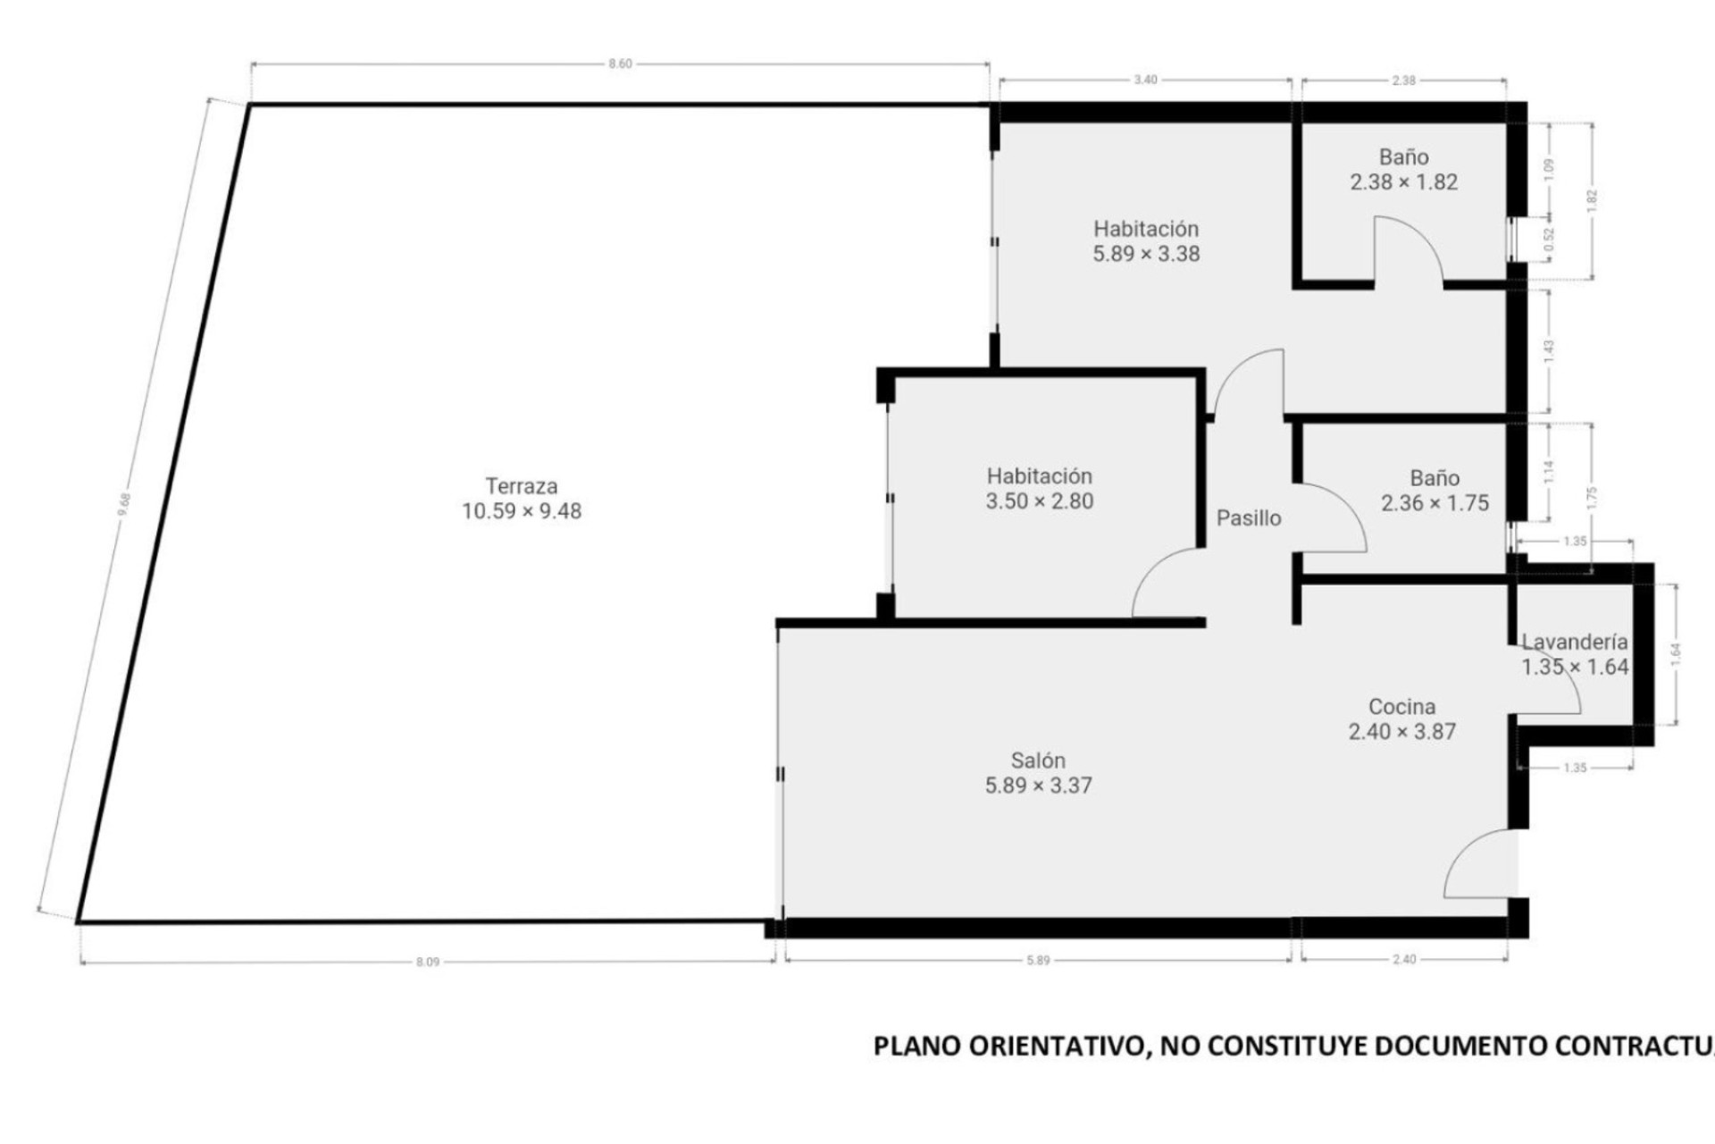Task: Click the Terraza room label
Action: click(522, 486)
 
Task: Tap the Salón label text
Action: click(1038, 761)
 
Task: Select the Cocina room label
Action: click(1401, 707)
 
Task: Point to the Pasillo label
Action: click(1249, 518)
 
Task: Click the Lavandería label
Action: click(1575, 642)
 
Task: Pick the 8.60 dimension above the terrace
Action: click(620, 64)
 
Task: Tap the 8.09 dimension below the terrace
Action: click(428, 963)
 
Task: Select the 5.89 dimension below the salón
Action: click(1038, 961)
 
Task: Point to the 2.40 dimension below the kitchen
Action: click(1404, 960)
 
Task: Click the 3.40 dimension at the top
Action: click(1145, 80)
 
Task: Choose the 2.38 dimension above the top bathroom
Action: click(1403, 80)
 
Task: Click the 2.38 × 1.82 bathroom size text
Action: click(1403, 182)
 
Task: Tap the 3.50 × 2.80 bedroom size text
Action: click(1039, 501)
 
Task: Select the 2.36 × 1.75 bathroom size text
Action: click(1435, 503)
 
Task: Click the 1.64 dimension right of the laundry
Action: click(1676, 653)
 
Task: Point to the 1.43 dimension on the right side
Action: click(1550, 349)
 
